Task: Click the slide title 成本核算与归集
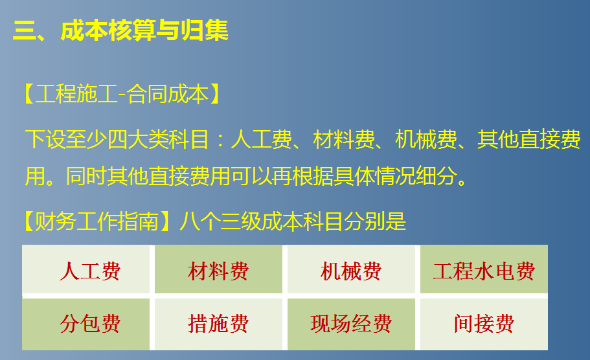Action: point(144,30)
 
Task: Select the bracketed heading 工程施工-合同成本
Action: point(122,95)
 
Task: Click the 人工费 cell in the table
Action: point(89,271)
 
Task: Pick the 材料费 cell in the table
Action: point(218,271)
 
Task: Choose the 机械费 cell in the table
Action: point(351,271)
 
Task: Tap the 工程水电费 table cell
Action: point(483,271)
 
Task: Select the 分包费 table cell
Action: point(89,323)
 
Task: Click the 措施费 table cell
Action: point(218,323)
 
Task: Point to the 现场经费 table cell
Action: point(351,323)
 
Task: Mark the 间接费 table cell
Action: point(483,323)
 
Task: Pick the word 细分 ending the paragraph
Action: point(436,176)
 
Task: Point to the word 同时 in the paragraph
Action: point(87,176)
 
